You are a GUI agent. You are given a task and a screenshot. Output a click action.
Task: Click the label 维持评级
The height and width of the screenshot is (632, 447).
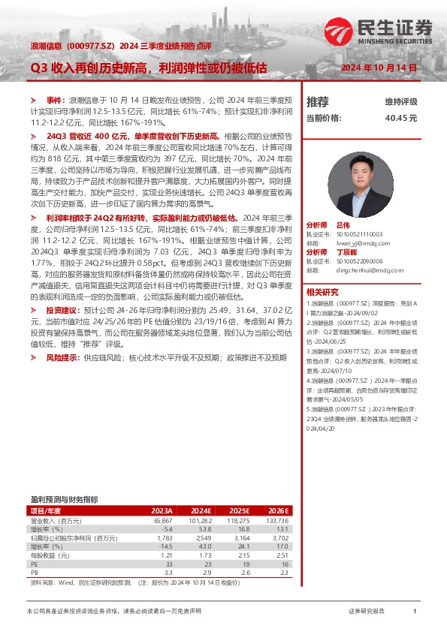click(x=401, y=101)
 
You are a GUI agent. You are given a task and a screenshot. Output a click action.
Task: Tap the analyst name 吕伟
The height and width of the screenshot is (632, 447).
click(x=343, y=224)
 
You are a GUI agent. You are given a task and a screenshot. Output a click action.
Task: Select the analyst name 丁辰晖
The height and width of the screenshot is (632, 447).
click(x=346, y=252)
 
